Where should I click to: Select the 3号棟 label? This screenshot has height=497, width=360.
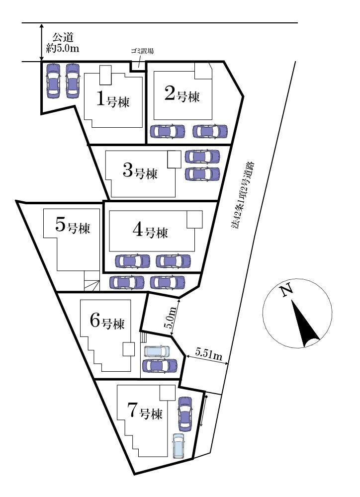[x=140, y=172]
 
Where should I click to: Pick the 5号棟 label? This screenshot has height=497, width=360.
[x=73, y=226]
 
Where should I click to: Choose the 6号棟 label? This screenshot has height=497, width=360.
[x=107, y=322]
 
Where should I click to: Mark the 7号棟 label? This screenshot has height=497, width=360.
[x=145, y=411]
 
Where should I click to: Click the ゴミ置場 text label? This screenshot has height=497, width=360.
[x=142, y=51]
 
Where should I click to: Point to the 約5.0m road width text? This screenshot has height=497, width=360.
[x=62, y=49]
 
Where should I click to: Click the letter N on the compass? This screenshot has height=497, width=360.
[x=287, y=290]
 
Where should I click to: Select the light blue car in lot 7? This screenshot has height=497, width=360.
[x=179, y=446]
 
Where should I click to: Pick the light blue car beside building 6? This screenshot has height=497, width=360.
[x=157, y=351]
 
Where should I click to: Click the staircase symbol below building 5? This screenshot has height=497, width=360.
[x=91, y=281]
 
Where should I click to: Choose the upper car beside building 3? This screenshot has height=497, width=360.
[x=202, y=156]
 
